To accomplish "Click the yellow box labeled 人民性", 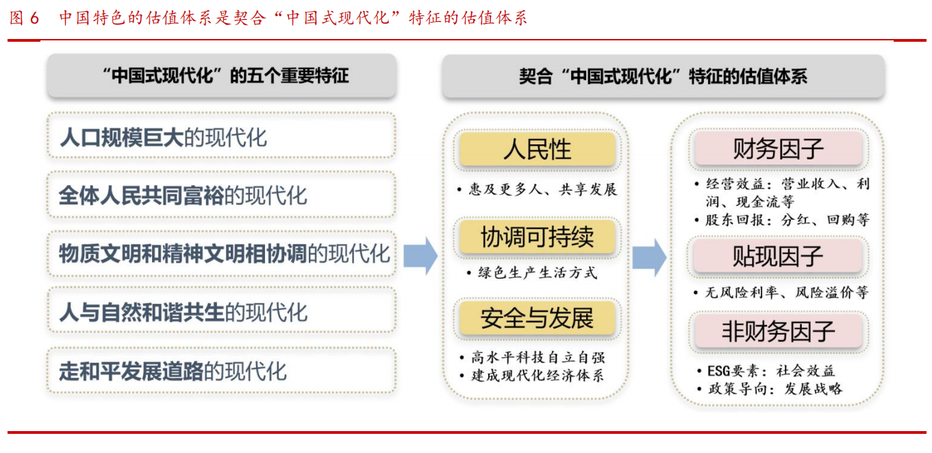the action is pos(537,149).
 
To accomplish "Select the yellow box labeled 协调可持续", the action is pos(537,237).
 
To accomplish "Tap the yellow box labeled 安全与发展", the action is pos(537,318).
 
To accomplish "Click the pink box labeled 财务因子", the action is pos(778,148).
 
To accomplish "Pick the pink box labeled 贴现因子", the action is pos(778,256).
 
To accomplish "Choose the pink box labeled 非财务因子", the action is pos(778,331).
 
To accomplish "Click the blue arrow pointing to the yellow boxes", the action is pos(420,256).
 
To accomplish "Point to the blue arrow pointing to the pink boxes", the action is pos(649,258).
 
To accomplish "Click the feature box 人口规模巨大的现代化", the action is pos(221,135).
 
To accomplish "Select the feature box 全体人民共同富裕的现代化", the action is pos(221,194).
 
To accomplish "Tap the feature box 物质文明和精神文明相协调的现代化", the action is pos(221,253).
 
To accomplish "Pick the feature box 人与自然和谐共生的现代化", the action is pos(221,311).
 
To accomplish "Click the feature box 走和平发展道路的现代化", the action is pos(221,370).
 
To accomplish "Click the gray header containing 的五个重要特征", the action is pos(221,76).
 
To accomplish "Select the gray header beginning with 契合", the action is pos(663,77).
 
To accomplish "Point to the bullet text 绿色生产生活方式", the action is pos(538,272).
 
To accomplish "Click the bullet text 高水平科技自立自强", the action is pos(538,357).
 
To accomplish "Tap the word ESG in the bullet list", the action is pos(719,371).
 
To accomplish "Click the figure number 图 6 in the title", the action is pos(24,18).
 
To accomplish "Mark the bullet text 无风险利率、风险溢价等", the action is pos(787,293).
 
